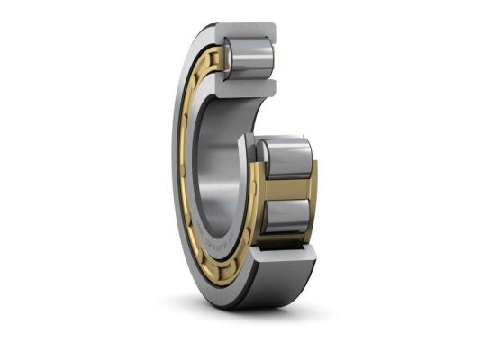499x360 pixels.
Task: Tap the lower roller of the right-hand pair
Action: [x=286, y=217]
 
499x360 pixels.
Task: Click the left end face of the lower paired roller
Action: [x=265, y=216]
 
